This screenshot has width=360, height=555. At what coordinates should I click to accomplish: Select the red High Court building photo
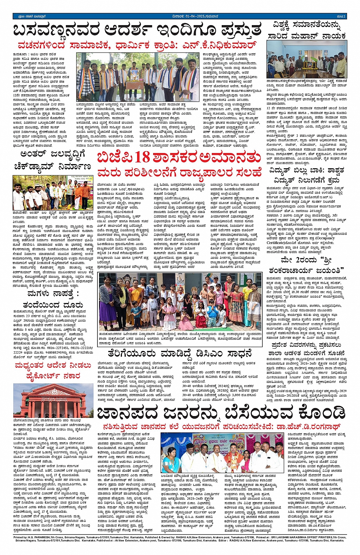coord(53,400)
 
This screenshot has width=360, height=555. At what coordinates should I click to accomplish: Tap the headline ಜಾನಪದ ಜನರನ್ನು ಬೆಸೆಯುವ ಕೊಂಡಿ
coord(221,413)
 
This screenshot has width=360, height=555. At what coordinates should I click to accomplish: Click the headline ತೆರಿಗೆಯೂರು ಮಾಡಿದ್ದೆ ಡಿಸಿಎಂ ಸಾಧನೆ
coord(180,353)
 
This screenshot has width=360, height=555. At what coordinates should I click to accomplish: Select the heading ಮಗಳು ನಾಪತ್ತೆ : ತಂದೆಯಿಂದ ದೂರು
coord(53,299)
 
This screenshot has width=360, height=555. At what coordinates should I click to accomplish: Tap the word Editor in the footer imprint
coord(225,540)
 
